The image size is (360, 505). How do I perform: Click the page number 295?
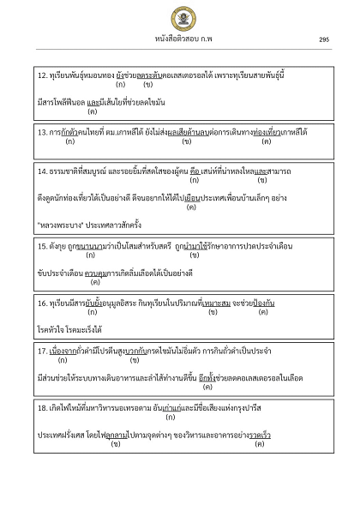pos(323,39)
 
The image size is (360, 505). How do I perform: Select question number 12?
pos(43,75)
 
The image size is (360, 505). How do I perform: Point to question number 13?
pos(43,132)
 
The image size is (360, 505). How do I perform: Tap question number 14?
pos(43,171)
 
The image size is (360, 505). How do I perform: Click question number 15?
pos(43,246)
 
